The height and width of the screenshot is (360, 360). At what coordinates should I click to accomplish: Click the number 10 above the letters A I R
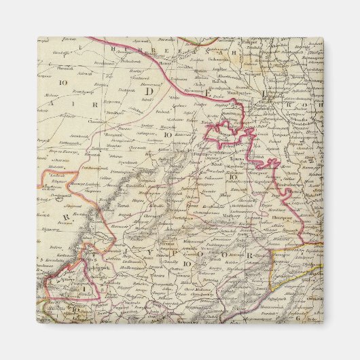coord(64,82)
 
